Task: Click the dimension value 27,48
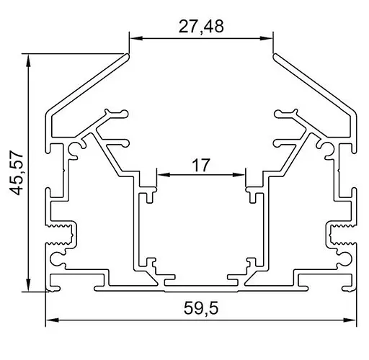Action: [x=201, y=27]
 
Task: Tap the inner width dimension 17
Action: [x=201, y=165]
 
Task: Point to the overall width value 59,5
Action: [x=201, y=310]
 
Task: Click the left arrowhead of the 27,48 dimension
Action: [x=135, y=39]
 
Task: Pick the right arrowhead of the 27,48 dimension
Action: [x=268, y=39]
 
